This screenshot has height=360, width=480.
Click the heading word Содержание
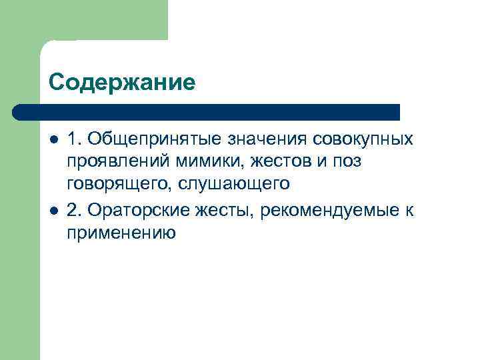[122, 82]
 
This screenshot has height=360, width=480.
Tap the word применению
[121, 233]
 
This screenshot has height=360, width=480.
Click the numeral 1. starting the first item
[74, 139]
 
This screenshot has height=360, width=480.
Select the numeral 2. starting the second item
[74, 210]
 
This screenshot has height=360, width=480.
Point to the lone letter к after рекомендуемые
[409, 210]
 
